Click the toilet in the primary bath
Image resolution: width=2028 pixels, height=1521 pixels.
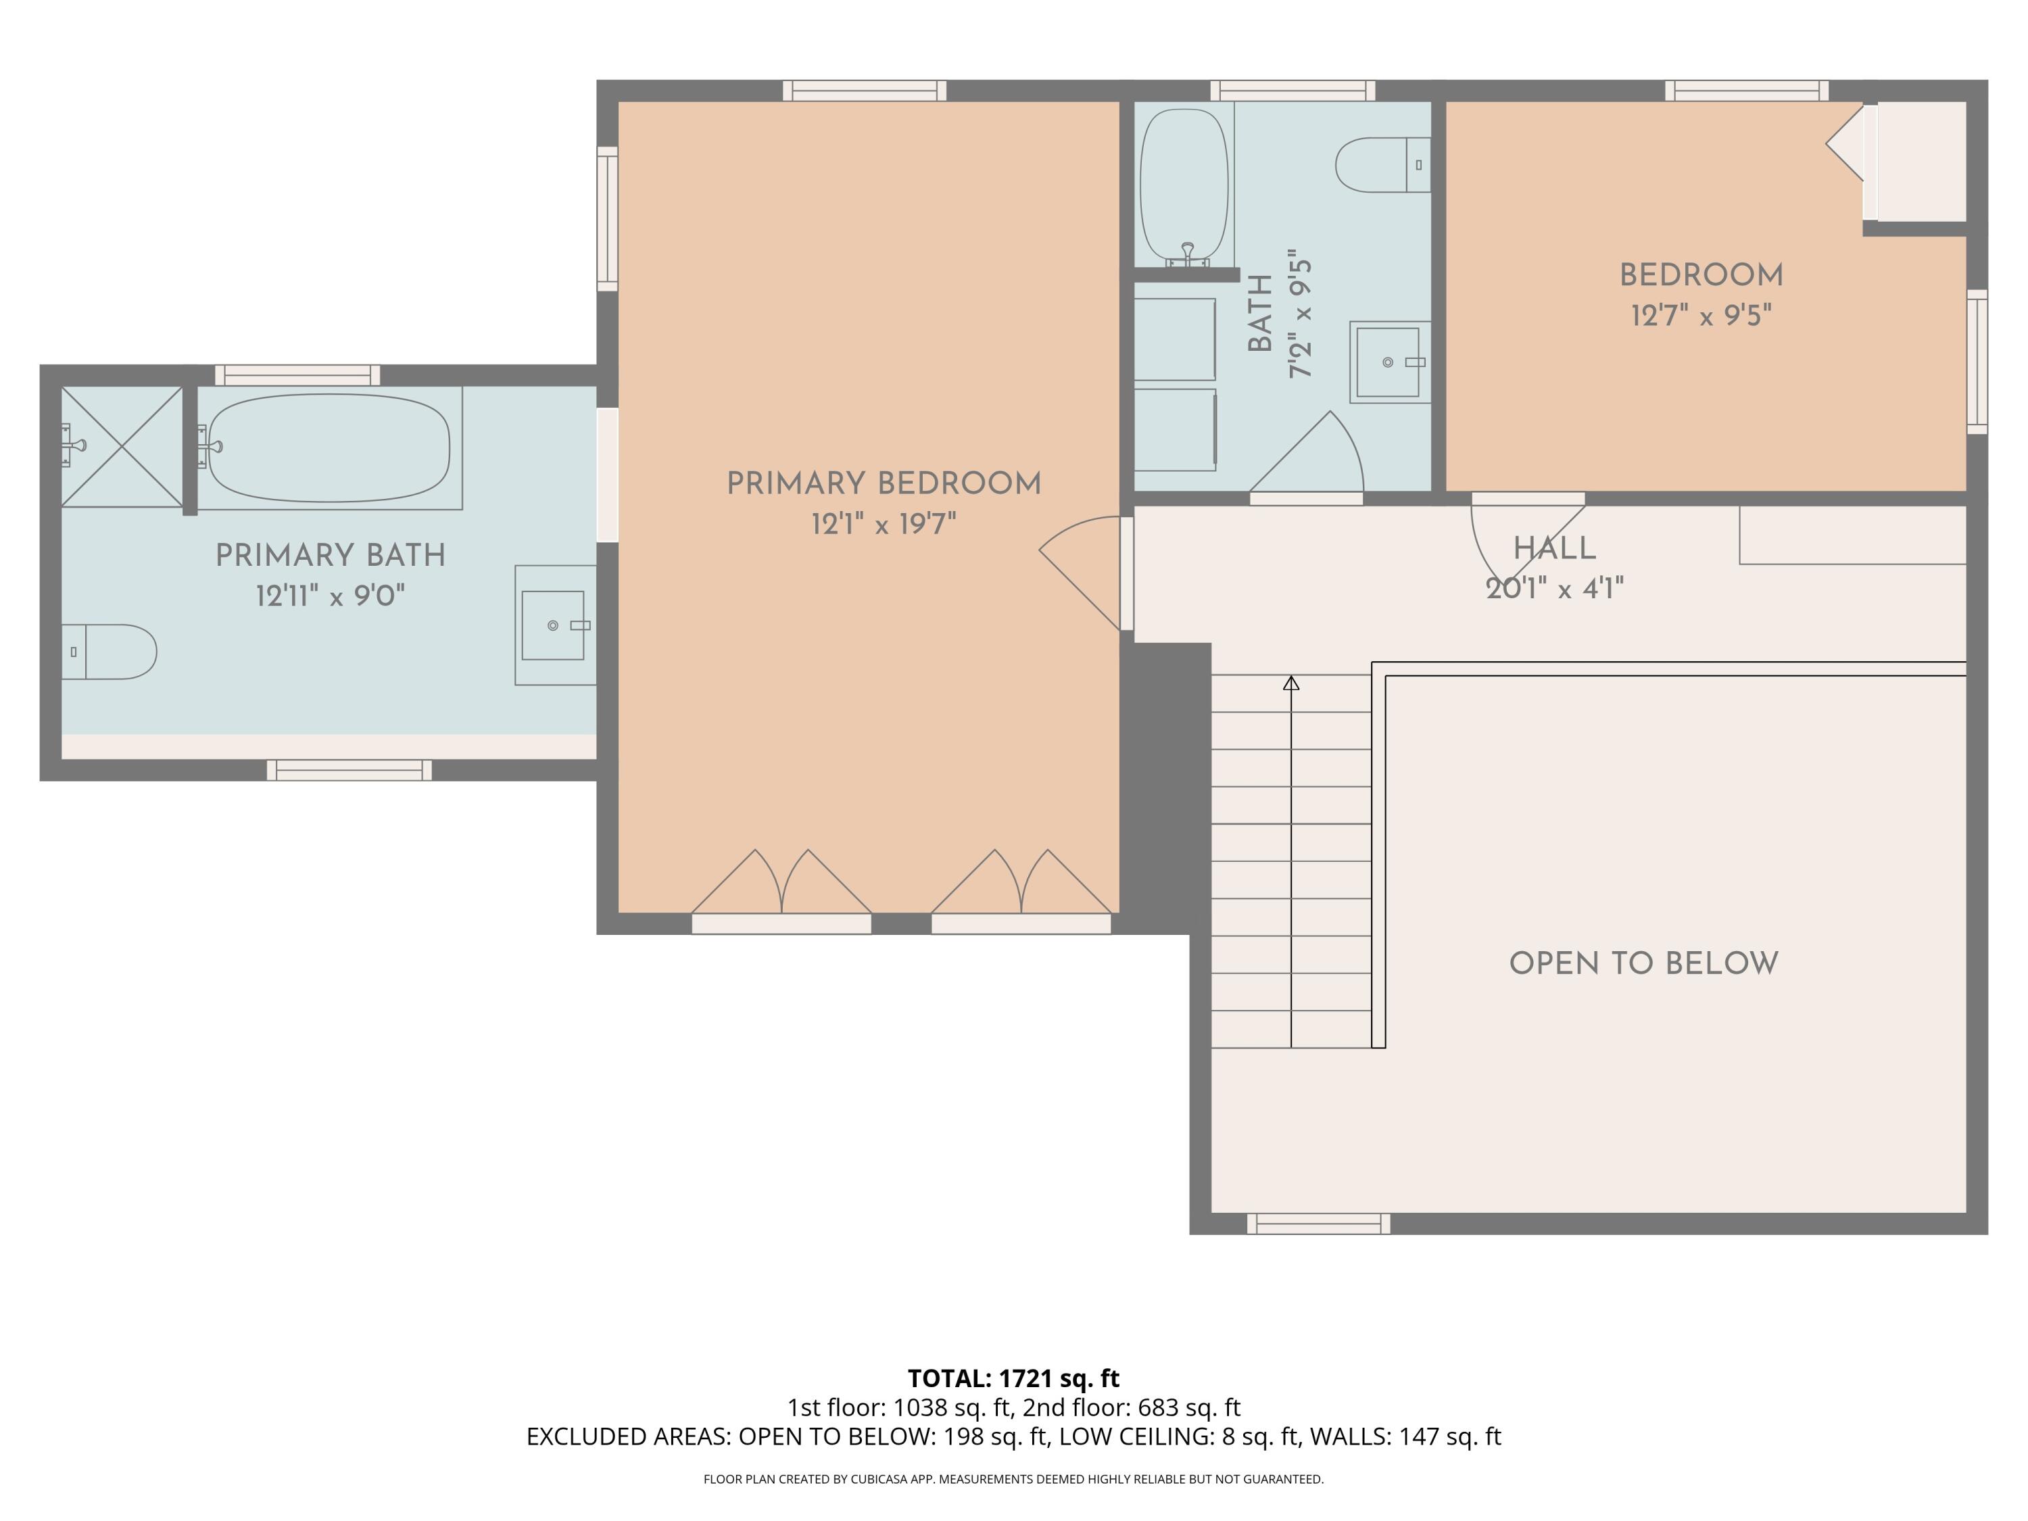[x=110, y=652]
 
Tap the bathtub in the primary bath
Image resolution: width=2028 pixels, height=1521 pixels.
[x=329, y=448]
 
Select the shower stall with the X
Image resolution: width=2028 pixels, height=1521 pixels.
[x=122, y=446]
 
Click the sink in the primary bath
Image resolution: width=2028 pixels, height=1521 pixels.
[x=553, y=625]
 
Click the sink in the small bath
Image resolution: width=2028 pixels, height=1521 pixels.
[x=1388, y=362]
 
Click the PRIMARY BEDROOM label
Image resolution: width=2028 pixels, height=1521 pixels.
[x=884, y=483]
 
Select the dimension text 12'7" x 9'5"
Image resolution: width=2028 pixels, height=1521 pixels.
[x=1701, y=316]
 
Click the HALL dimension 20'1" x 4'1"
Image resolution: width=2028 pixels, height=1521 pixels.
[x=1555, y=587]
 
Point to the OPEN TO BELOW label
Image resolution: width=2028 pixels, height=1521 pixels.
[x=1643, y=963]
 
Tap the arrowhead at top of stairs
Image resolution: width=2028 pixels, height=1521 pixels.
[x=1291, y=683]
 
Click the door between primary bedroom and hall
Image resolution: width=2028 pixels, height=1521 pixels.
[x=1082, y=573]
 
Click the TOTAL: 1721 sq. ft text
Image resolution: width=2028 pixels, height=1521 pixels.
[x=1013, y=1378]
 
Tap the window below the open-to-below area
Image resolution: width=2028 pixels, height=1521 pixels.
[x=1318, y=1223]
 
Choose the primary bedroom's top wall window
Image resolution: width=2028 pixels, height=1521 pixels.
[x=865, y=90]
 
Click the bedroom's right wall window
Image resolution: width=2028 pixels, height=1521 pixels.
[x=1977, y=362]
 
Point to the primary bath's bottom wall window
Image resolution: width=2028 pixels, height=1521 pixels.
[x=349, y=770]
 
